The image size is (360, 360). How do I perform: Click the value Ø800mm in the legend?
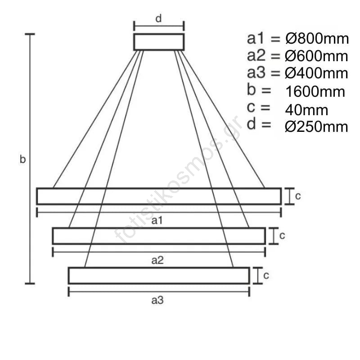(x=317, y=39)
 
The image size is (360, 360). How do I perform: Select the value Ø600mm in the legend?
(x=316, y=56)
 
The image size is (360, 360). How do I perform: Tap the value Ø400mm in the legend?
(x=316, y=73)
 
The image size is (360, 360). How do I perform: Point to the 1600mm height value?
(x=315, y=91)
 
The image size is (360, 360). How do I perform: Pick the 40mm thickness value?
(x=306, y=110)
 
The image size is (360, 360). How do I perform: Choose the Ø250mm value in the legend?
(x=316, y=127)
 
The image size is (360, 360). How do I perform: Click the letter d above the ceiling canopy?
(x=159, y=18)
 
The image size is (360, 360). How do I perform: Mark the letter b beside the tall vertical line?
(x=22, y=159)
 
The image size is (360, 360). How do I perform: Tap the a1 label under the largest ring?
(x=157, y=220)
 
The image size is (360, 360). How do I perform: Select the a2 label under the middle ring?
(x=157, y=261)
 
